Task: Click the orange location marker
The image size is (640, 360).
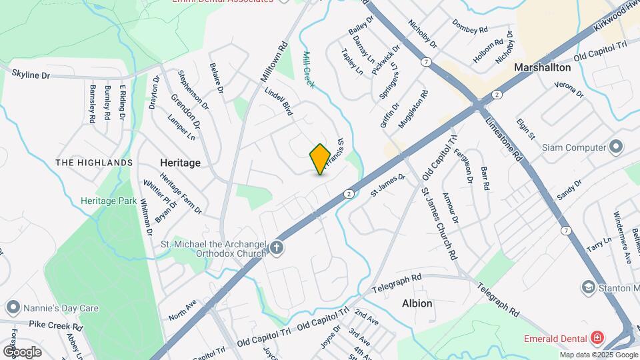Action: [320, 159]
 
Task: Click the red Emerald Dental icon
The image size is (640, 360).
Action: [597, 337]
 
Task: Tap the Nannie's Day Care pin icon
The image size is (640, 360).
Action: [13, 308]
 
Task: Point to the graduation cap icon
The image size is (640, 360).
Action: [588, 287]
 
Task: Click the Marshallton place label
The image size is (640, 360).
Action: [542, 67]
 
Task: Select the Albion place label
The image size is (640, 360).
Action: [417, 303]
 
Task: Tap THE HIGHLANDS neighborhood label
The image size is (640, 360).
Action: [94, 163]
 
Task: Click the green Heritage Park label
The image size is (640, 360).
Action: [108, 201]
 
